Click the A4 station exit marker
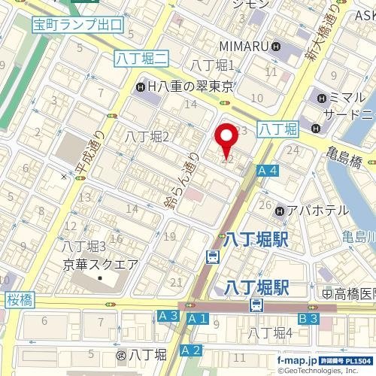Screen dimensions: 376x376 click(268, 171)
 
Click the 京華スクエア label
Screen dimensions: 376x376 click(100, 264)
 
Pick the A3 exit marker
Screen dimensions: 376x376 click(168, 317)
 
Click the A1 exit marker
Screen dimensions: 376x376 click(197, 320)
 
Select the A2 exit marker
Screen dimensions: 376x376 click(192, 350)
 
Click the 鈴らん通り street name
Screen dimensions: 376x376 click(182, 180)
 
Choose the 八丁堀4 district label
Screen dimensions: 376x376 click(271, 332)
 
